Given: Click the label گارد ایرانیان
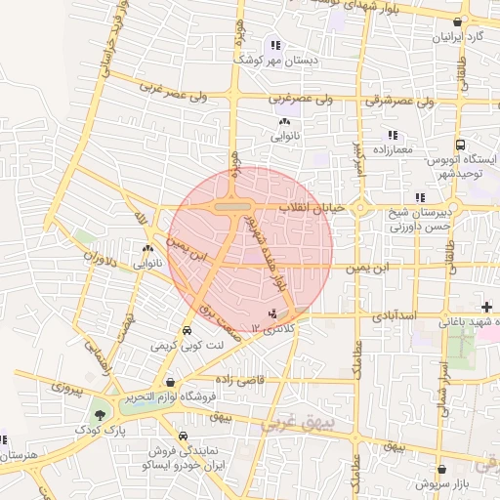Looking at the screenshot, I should point(459,38).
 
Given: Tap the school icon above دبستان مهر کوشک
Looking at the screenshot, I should point(276,45).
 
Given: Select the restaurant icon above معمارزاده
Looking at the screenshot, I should point(393,135).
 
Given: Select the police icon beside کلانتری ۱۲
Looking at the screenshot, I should point(273,312).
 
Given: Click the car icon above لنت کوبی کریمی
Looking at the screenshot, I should point(187,330).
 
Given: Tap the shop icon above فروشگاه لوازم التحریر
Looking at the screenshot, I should point(172,382).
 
